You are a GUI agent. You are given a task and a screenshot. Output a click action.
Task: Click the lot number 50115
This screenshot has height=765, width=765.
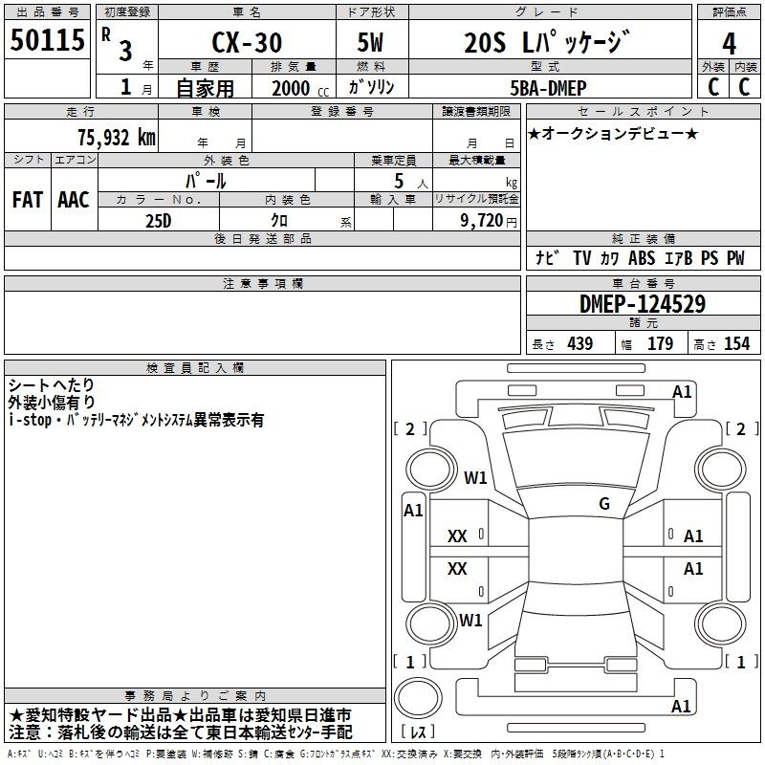tap(47, 40)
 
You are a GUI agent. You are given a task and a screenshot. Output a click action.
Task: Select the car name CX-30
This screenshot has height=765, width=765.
tap(247, 42)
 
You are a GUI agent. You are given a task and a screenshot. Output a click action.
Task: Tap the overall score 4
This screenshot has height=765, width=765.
tap(729, 44)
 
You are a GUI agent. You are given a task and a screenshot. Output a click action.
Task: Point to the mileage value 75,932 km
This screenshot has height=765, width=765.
tap(117, 137)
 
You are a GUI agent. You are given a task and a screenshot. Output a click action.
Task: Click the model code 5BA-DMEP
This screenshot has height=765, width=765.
tap(548, 88)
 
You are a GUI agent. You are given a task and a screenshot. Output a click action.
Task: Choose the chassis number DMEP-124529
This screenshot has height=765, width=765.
tap(643, 304)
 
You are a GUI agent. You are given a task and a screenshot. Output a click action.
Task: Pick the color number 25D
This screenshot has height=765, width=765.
tap(159, 221)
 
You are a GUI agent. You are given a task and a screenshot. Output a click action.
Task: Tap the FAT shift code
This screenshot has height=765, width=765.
tap(28, 200)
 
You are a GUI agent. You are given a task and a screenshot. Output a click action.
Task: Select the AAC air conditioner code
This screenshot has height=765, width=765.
tap(74, 200)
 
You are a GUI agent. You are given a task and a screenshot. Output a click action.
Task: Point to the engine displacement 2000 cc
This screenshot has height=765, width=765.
tap(300, 88)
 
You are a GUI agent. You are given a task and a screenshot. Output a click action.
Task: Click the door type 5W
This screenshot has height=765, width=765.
tap(370, 42)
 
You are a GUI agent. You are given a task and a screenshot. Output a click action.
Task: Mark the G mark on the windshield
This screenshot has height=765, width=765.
tap(604, 504)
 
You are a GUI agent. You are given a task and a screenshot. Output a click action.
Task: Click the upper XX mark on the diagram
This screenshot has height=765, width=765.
tap(457, 536)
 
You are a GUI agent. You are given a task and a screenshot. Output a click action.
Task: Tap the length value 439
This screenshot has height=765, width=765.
tap(580, 343)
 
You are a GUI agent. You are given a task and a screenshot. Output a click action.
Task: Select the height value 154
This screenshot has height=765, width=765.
tap(736, 343)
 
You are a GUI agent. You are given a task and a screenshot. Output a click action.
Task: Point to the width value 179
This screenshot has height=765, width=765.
tap(660, 343)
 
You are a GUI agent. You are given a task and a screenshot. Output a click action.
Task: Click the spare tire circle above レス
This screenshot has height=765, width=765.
tap(418, 698)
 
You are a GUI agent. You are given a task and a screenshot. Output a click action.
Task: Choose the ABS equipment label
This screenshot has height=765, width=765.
tap(642, 258)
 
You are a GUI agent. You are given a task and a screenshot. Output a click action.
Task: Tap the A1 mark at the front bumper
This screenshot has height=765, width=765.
tap(682, 392)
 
